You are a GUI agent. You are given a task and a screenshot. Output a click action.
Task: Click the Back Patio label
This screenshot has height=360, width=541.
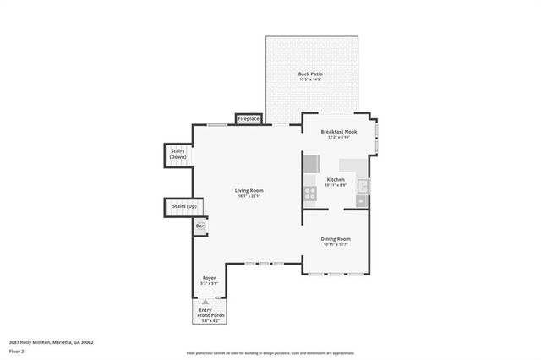pos(310,74)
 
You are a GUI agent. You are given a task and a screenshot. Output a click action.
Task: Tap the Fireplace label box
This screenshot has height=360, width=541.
pos(248,119)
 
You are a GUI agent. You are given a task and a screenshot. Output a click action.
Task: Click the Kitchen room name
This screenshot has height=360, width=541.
pos(336,179)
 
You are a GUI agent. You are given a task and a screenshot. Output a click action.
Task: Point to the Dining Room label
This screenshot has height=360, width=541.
pos(336,239)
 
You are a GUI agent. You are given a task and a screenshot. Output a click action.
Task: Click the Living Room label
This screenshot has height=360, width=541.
pos(249,190)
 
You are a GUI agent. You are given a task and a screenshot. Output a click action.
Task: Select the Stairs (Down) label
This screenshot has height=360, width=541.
pos(178,154)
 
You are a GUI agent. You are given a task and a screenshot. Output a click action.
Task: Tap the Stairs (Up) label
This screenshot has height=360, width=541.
pos(184,206)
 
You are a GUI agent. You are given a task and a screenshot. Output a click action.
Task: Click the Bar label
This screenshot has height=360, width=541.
pos(200,226)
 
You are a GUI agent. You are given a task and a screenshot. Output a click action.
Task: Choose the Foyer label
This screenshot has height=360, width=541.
pos(209,278)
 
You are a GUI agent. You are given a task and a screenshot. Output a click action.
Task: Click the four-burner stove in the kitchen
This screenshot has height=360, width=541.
pos(309,194)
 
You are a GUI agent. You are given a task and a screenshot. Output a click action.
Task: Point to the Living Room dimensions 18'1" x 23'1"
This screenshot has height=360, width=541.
pos(249,196)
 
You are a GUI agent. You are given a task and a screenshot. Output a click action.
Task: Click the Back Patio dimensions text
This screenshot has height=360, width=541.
pos(310,80)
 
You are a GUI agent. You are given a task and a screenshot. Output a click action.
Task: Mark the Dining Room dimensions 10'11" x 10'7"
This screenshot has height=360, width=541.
pos(336,245)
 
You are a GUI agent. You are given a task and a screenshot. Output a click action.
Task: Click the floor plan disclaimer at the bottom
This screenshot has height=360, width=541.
pos(270,353)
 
